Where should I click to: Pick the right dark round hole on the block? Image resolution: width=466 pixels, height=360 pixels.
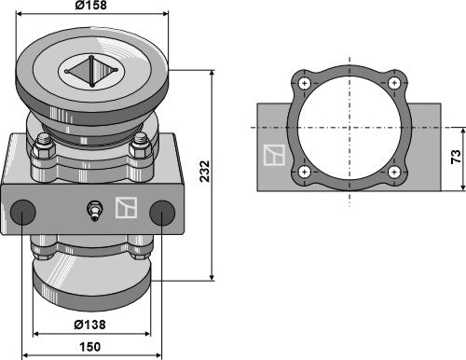pyautogui.click(x=160, y=212)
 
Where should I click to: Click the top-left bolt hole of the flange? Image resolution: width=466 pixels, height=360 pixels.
pyautogui.click(x=305, y=85)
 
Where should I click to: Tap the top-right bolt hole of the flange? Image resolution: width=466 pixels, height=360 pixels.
pyautogui.click(x=395, y=85)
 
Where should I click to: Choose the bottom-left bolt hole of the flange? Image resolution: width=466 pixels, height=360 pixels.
pyautogui.click(x=305, y=172)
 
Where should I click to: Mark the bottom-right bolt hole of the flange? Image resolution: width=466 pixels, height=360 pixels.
pyautogui.click(x=395, y=172)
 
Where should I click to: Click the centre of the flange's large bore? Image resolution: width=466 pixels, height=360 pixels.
pyautogui.click(x=350, y=128)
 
